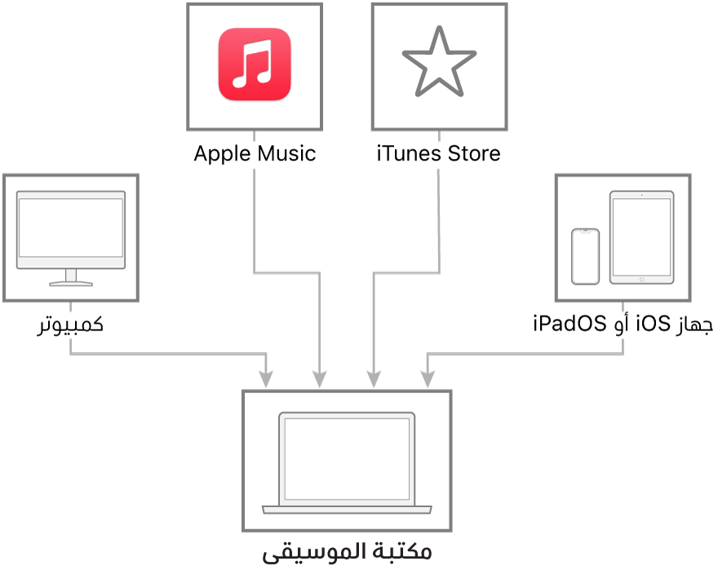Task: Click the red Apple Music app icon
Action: click(255, 64)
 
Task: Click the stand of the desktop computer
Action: click(71, 279)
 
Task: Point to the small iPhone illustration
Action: click(585, 256)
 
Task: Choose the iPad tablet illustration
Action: click(641, 237)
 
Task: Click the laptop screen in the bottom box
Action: click(347, 459)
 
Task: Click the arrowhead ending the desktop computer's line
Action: click(266, 379)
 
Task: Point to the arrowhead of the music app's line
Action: click(319, 379)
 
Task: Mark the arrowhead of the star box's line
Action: click(374, 379)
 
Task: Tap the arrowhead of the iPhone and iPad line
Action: click(428, 379)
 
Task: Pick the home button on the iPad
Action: click(641, 279)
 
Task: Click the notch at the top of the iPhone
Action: click(585, 232)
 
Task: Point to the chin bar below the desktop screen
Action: click(71, 263)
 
